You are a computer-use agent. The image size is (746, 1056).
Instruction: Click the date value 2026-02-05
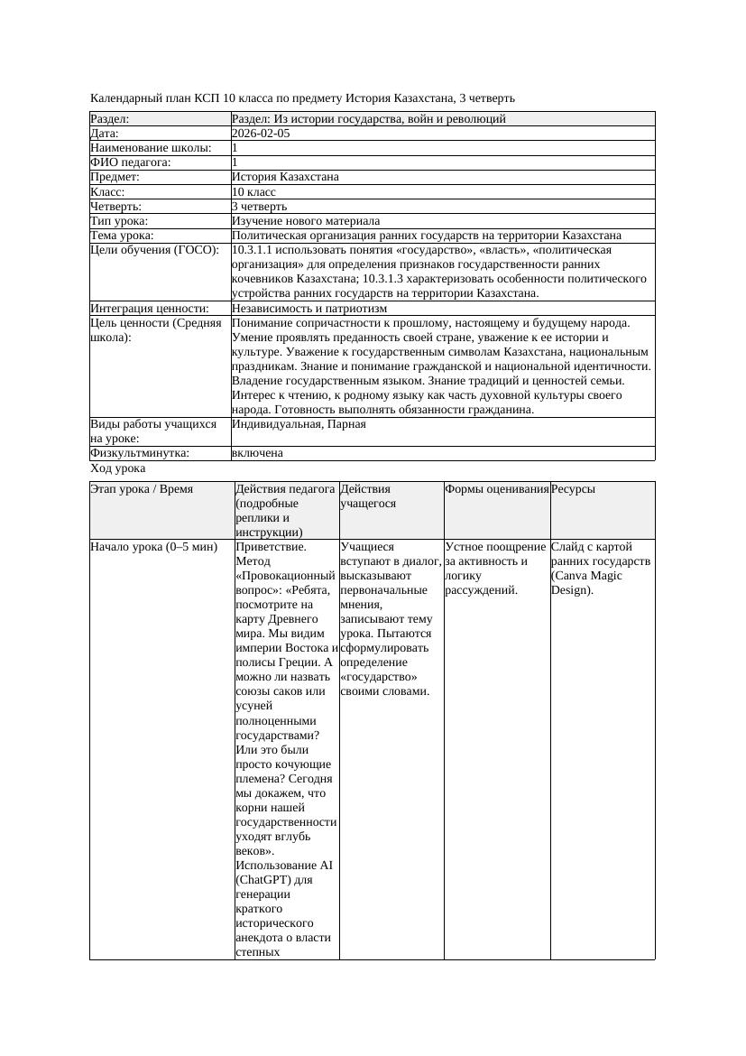261,134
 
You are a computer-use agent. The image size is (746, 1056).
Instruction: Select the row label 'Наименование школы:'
152,148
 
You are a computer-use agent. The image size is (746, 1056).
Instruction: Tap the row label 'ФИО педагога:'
131,162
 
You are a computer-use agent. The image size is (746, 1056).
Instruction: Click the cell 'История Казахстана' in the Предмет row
285,177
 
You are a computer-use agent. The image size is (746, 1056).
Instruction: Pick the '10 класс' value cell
253,192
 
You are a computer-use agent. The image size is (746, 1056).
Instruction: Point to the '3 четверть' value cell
259,207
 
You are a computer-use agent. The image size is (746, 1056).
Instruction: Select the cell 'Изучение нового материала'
306,221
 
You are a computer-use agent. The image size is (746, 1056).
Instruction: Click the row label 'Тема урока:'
122,236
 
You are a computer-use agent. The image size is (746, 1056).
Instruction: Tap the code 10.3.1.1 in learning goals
257,250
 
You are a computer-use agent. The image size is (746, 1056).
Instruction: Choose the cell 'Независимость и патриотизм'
309,309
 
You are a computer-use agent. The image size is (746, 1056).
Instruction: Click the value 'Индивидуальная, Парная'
299,424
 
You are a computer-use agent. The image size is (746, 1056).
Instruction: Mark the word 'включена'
257,453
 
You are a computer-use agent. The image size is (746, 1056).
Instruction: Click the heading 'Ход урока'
118,468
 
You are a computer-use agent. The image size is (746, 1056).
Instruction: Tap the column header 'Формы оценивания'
496,489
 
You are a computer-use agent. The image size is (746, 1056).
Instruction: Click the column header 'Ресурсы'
573,489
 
